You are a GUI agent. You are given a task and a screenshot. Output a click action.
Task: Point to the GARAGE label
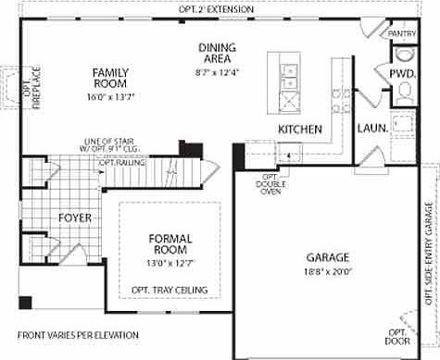coord(328,256)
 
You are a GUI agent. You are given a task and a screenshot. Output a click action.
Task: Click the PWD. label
coord(401,72)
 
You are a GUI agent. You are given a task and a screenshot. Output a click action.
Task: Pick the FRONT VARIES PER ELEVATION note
coord(78,334)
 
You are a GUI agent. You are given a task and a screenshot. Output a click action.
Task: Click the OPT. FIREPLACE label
coord(11,84)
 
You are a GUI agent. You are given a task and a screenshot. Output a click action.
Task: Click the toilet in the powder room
coord(404,91)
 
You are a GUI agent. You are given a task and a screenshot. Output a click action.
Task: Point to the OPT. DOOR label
coord(396,336)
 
